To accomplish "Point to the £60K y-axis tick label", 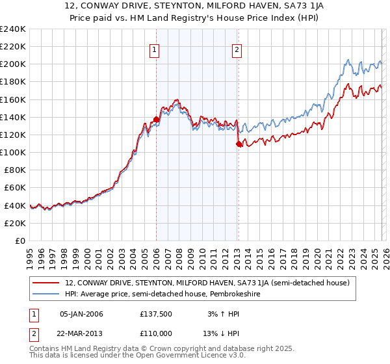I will (14, 188).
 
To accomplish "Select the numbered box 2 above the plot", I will (237, 50).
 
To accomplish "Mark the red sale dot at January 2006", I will (156, 120).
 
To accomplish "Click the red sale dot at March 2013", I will (239, 144).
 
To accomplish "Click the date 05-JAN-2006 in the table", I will (81, 314).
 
